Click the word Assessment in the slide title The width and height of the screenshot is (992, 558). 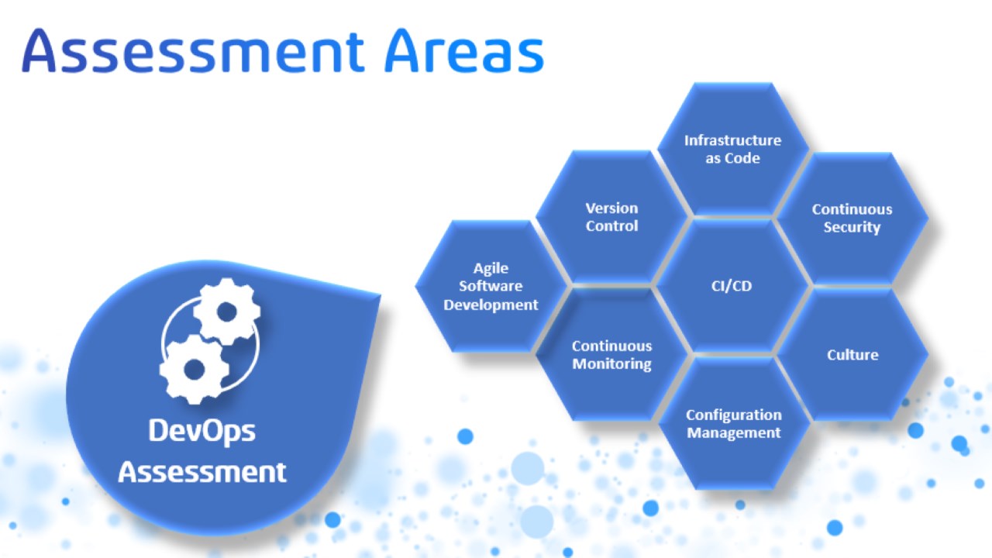(193, 50)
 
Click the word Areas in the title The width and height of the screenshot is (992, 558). (464, 50)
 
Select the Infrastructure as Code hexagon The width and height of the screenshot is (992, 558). (732, 150)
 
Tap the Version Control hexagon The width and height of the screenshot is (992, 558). (611, 217)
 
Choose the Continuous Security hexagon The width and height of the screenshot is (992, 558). (852, 219)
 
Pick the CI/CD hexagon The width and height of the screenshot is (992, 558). (732, 286)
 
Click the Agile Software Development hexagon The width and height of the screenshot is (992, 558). (491, 286)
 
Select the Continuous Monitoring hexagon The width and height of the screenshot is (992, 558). (611, 354)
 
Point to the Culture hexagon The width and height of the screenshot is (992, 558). (852, 354)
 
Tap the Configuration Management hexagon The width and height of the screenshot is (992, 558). (733, 423)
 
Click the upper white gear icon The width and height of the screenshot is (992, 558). (227, 312)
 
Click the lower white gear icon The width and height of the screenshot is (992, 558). (194, 369)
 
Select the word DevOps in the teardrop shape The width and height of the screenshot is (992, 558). (202, 431)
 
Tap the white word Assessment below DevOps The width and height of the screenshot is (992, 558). (202, 472)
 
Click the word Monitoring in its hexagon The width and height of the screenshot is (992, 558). (611, 364)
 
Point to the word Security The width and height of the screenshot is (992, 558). (852, 227)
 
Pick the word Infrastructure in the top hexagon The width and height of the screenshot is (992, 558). (732, 140)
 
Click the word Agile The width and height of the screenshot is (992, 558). (491, 269)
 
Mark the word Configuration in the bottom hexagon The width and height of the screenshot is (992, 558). (734, 415)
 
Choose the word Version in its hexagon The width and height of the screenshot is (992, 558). (611, 208)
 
